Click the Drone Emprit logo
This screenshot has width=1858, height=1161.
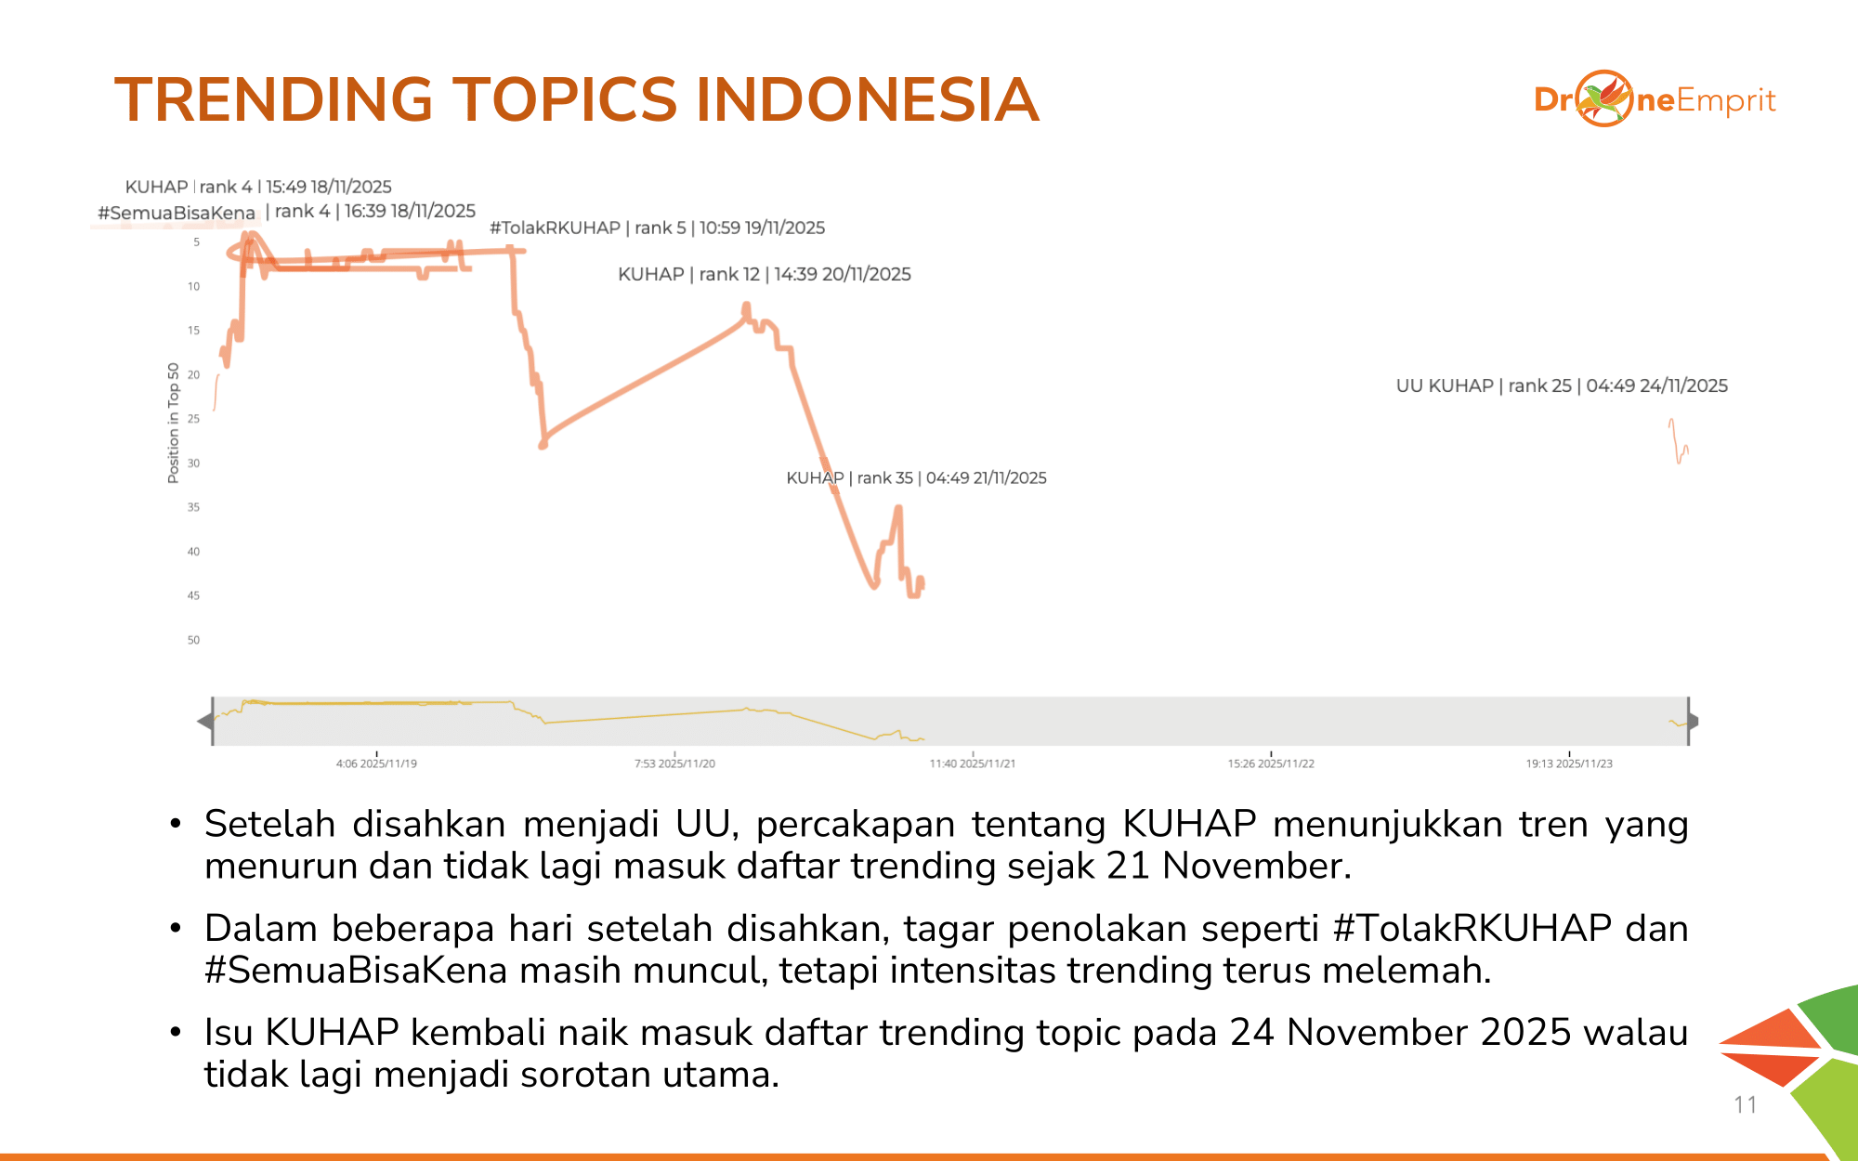[x=1655, y=98]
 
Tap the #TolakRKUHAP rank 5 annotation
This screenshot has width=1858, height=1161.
[x=657, y=228]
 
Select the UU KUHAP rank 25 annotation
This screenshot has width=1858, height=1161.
[x=1562, y=385]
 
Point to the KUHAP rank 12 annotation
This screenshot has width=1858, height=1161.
[x=765, y=274]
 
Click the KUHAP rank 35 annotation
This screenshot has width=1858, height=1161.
[x=916, y=477]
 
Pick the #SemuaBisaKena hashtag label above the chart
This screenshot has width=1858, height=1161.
[x=177, y=213]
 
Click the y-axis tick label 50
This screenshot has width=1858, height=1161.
[x=193, y=640]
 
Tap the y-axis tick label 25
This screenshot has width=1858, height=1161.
[x=193, y=419]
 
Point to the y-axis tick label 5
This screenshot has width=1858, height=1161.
[x=196, y=242]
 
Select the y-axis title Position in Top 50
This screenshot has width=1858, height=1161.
[x=173, y=423]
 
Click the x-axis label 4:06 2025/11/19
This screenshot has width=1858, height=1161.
[x=376, y=763]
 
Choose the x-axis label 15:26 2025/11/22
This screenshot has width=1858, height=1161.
[x=1271, y=763]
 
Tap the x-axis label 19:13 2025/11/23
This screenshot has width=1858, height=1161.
[x=1569, y=763]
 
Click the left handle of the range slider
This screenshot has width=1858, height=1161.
[x=206, y=721]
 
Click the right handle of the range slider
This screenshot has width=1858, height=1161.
[x=1692, y=721]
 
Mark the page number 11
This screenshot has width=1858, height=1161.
[x=1746, y=1104]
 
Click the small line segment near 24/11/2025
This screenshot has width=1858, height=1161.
[x=1678, y=442]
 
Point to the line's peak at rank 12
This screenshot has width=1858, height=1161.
[x=746, y=307]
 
